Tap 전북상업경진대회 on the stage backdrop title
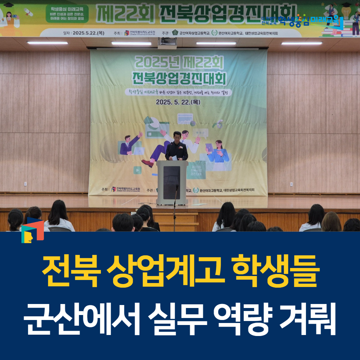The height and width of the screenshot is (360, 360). click(x=179, y=79)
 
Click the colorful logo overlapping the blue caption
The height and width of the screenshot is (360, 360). click(x=32, y=230)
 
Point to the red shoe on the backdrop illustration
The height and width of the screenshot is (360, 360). click(x=147, y=163)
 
